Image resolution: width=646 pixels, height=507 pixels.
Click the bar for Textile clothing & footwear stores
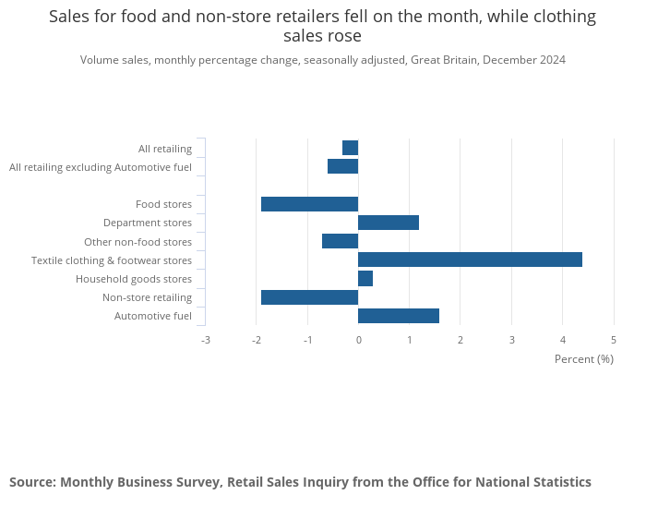(x=470, y=260)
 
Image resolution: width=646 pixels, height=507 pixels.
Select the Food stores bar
(x=309, y=204)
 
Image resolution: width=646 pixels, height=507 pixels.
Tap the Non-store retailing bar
(x=309, y=297)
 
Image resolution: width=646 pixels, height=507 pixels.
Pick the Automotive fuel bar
(x=398, y=316)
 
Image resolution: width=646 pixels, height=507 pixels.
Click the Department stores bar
(x=388, y=223)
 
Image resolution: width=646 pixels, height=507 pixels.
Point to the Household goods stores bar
(x=365, y=279)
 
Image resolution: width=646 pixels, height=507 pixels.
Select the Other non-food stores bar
(x=340, y=241)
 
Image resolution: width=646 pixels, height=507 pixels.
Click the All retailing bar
(x=350, y=148)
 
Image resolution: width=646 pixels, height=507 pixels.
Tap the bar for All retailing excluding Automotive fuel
(x=342, y=166)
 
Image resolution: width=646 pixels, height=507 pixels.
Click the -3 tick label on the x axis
(x=205, y=340)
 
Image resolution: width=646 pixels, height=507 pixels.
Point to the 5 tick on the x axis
(x=614, y=340)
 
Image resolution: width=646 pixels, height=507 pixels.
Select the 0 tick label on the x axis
(x=358, y=340)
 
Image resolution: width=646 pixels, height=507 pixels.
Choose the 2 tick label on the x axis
(x=461, y=340)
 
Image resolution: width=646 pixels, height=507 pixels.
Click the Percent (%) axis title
(x=583, y=358)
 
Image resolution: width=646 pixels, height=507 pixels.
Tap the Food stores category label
(x=163, y=204)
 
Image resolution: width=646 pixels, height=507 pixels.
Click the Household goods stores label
(x=134, y=279)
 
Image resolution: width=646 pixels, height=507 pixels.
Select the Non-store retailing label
(x=147, y=297)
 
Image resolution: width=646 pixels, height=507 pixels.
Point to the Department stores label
(x=148, y=223)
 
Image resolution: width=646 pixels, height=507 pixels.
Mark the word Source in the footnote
(x=31, y=482)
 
